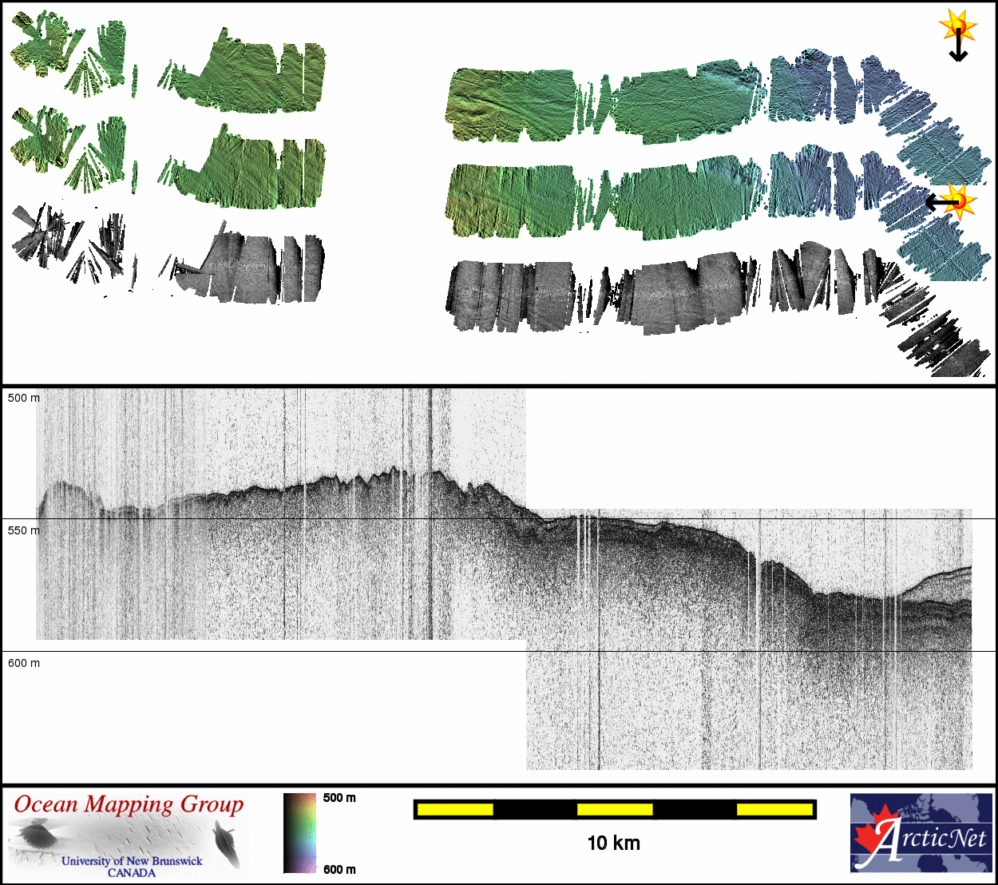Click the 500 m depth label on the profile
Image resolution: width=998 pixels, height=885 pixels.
pyautogui.click(x=24, y=398)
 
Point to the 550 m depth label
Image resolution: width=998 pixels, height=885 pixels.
pyautogui.click(x=24, y=530)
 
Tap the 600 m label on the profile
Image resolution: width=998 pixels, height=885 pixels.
pyautogui.click(x=24, y=663)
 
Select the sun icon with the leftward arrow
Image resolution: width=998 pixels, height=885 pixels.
pyautogui.click(x=959, y=201)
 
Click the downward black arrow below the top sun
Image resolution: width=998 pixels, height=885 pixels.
pyautogui.click(x=958, y=46)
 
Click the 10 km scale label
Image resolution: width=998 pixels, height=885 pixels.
pyautogui.click(x=614, y=843)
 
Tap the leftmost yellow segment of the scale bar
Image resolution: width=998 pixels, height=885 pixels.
pyautogui.click(x=455, y=809)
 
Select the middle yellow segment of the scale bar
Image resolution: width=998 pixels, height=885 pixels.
pyautogui.click(x=615, y=809)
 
